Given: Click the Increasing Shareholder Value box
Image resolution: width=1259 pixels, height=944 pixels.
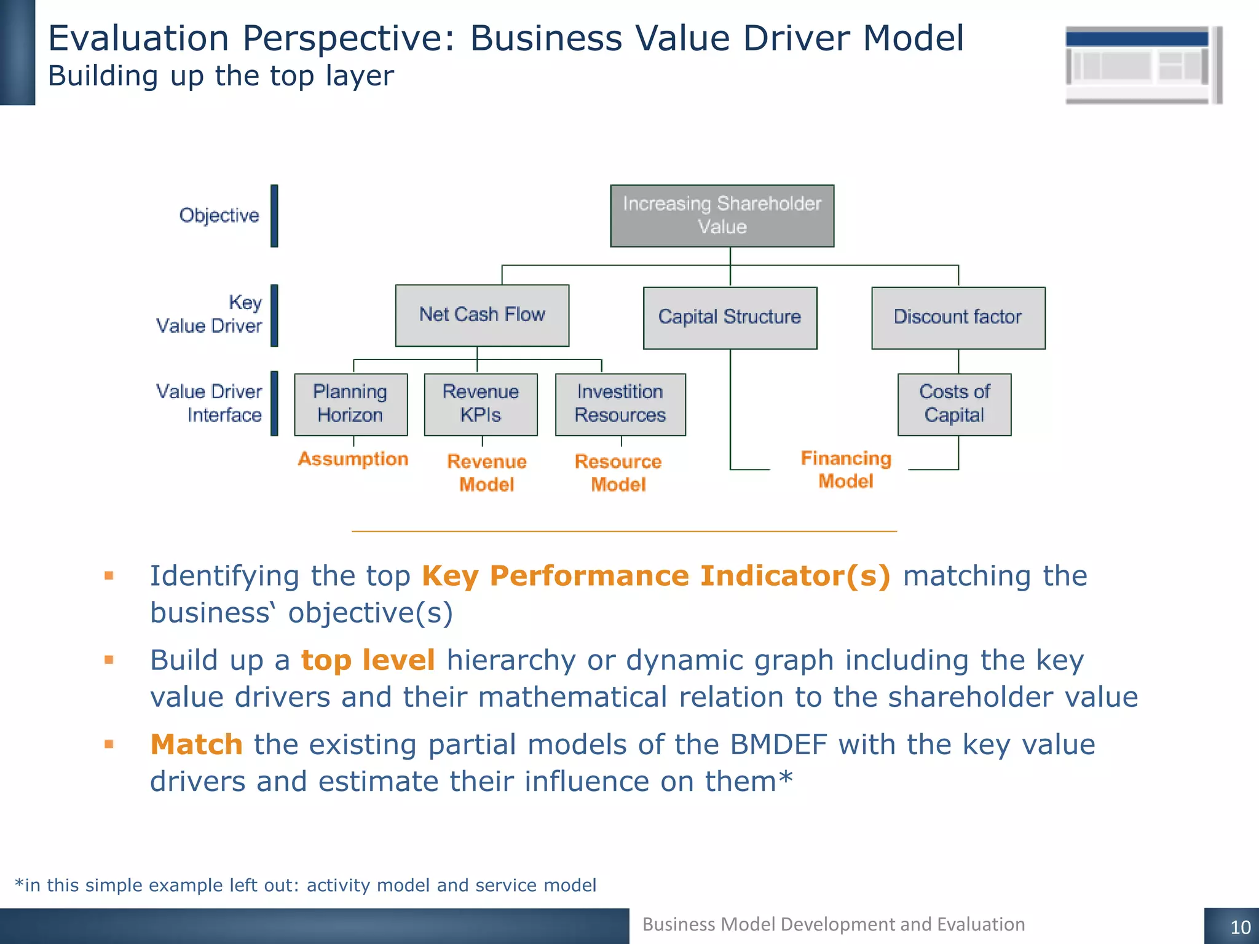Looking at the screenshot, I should [722, 216].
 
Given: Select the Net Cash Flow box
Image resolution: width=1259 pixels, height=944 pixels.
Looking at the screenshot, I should [482, 315].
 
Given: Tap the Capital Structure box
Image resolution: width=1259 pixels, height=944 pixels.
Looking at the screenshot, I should [730, 318].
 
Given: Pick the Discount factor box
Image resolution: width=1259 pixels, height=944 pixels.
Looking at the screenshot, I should [958, 318].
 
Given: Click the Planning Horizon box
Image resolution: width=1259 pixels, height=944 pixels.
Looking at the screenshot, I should [350, 404].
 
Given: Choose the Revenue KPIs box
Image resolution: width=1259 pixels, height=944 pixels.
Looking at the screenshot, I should [481, 404].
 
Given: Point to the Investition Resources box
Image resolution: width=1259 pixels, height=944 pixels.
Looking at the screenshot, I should [620, 404].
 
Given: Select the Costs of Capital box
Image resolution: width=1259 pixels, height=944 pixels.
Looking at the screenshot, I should [954, 404].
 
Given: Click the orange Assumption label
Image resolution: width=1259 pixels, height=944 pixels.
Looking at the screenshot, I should [353, 459].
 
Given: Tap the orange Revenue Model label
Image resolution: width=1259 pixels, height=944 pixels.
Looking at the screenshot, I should [487, 473].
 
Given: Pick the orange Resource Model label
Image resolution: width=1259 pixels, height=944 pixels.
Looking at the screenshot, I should [618, 473].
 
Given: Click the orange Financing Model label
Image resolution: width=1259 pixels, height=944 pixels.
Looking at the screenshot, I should [846, 470].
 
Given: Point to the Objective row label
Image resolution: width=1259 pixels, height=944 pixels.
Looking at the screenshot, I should [219, 216].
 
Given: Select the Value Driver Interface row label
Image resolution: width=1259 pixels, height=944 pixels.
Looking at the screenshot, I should [210, 403].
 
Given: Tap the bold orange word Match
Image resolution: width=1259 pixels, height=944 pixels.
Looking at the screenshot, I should [197, 745].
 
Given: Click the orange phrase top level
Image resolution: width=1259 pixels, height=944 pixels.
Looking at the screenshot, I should [368, 661].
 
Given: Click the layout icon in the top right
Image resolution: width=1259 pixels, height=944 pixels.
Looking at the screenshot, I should [1142, 65].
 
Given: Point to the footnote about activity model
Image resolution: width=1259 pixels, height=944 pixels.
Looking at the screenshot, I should [306, 885].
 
